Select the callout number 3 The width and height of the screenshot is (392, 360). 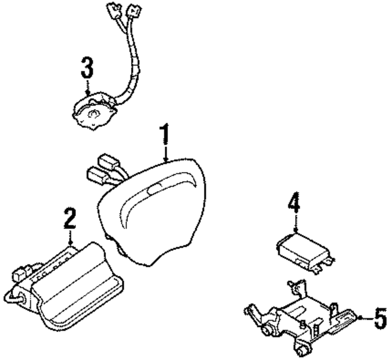(x=87, y=67)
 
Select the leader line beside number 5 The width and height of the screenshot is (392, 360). (x=364, y=317)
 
